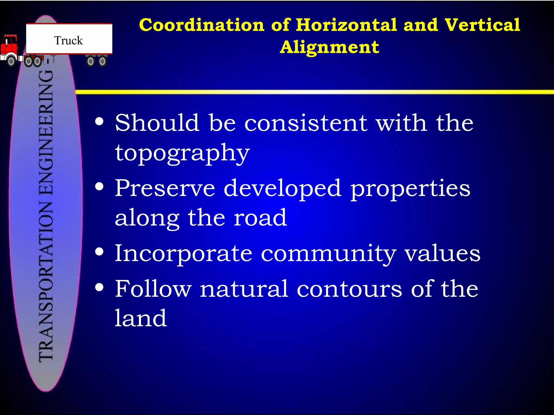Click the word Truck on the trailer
click(68, 41)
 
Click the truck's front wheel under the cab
click(11, 61)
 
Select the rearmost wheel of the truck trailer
click(102, 62)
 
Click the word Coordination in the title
click(202, 25)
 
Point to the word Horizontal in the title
click(347, 25)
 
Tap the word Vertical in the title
click(482, 25)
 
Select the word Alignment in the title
click(329, 47)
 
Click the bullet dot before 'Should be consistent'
click(100, 122)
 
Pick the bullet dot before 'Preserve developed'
click(100, 187)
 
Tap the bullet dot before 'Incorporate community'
click(100, 252)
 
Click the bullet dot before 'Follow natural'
click(100, 287)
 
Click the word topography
click(182, 153)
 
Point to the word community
click(328, 254)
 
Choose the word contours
click(349, 289)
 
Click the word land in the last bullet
click(141, 318)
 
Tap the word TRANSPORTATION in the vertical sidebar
click(46, 281)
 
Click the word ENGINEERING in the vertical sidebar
click(46, 132)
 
